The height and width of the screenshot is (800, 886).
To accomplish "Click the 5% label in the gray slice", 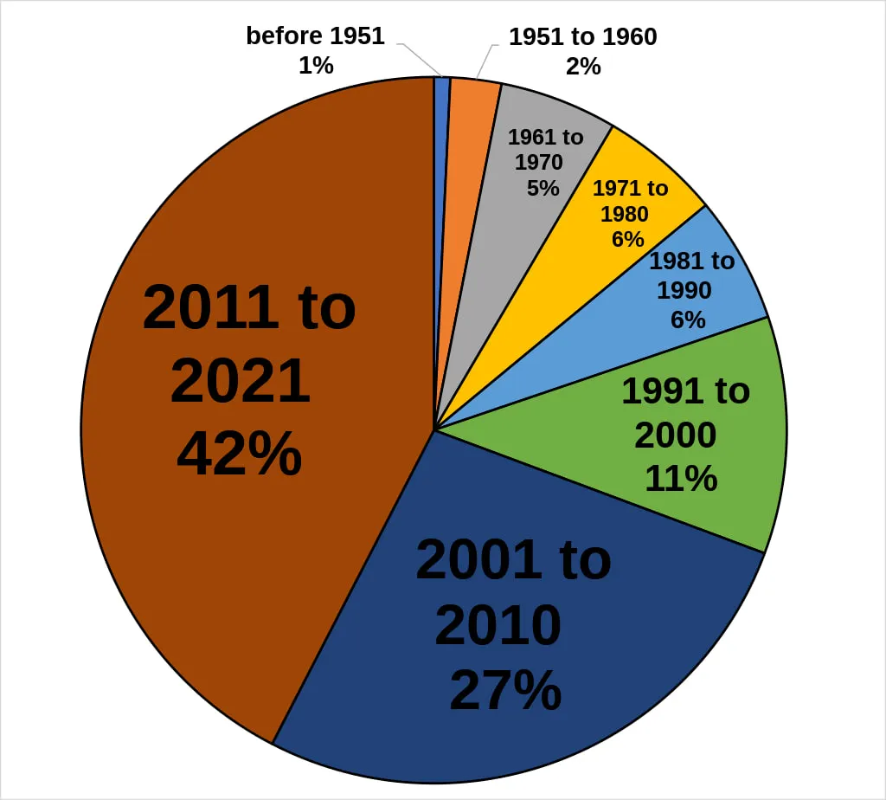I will (x=543, y=187).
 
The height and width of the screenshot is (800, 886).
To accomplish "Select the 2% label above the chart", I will (x=583, y=66).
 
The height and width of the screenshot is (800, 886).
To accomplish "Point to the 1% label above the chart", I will (x=316, y=65).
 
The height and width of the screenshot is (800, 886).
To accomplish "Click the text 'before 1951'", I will (x=315, y=36).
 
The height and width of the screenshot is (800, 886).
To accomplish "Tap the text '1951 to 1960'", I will (x=582, y=37).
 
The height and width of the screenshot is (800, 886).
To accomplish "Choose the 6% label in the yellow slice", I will (x=627, y=238).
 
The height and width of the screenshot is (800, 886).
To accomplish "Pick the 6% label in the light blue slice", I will (x=688, y=319).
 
